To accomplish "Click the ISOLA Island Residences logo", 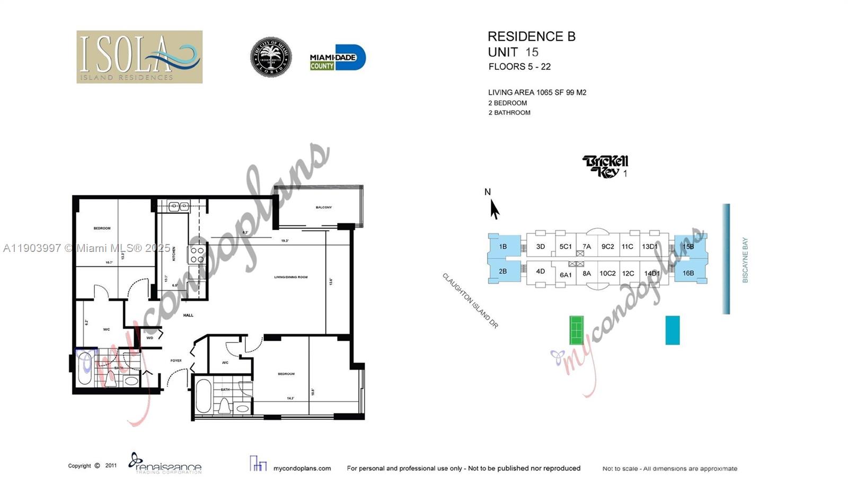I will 139,57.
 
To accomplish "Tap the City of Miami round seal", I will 271,57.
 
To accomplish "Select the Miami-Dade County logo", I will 337,58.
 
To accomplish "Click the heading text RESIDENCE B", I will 531,37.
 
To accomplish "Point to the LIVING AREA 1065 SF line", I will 537,92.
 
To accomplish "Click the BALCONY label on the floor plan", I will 324,207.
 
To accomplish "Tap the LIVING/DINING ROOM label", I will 291,277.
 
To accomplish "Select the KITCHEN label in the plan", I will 174,254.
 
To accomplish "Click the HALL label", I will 188,315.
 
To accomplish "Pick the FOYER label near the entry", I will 176,361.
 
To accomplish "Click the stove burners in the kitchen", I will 197,255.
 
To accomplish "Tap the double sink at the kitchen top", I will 179,206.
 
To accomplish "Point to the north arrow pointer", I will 494,209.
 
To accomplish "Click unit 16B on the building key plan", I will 688,273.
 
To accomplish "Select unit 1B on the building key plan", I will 502,247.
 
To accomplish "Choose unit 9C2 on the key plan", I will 607,247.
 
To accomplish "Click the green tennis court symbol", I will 576,330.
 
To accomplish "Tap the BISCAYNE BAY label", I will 745,260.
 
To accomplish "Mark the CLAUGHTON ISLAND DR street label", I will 470,301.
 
